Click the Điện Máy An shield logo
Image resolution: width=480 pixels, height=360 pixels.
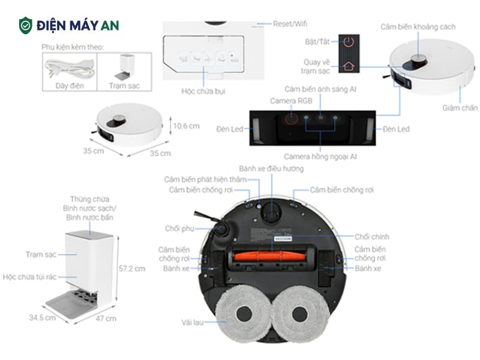point(26,25)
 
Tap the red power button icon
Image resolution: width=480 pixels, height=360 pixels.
point(349,42)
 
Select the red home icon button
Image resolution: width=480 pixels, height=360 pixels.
point(349,66)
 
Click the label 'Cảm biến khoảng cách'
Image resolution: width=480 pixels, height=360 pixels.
point(418,27)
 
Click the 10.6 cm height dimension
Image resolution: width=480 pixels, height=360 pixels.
point(185,126)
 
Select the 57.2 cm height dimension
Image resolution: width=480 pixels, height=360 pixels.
point(131,268)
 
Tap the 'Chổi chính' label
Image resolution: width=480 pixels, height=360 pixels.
point(372,237)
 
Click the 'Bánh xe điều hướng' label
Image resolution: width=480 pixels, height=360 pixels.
point(271,169)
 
